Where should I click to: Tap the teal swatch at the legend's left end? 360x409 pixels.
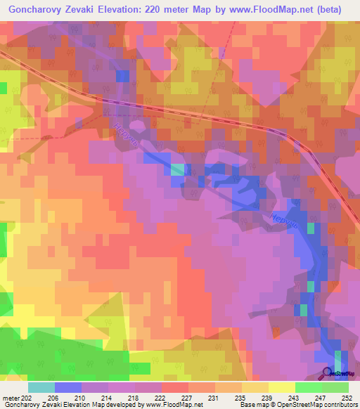click(x=41, y=387)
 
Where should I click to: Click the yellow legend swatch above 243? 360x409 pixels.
click(x=281, y=387)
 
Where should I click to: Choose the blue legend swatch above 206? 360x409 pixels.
click(x=67, y=387)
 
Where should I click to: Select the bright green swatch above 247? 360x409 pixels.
click(x=308, y=387)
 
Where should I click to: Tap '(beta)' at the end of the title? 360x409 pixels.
click(x=332, y=9)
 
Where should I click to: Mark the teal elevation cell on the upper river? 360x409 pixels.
click(x=179, y=169)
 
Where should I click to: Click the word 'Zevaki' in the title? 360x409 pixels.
click(x=91, y=9)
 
